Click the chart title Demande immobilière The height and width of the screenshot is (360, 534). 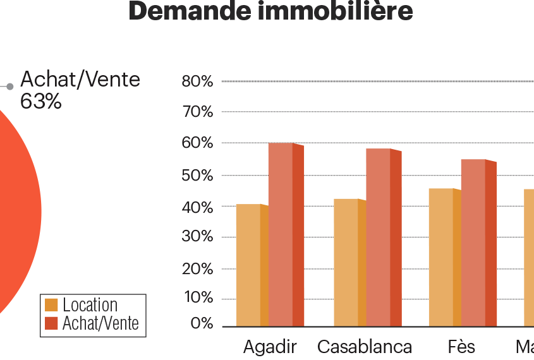tap(270, 11)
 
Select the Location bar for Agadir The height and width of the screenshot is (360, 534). tap(249, 265)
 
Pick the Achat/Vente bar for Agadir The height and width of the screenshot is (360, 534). tap(281, 234)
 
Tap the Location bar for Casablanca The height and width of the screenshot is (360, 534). tap(346, 262)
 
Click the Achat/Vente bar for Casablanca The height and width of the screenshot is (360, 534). tap(379, 237)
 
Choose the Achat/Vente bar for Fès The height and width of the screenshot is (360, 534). tap(473, 243)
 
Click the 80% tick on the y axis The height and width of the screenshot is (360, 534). tap(197, 81)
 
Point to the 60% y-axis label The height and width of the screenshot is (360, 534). tap(197, 143)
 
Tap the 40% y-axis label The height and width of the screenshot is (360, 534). tap(197, 207)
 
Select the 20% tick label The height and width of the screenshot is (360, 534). tap(197, 269)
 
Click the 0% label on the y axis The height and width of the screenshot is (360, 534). tap(202, 323)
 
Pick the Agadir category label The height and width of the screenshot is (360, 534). tap(270, 347)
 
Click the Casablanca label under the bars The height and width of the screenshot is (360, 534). tap(365, 347)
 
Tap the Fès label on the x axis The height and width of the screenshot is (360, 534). tap(461, 347)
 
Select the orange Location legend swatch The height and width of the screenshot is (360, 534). tap(52, 305)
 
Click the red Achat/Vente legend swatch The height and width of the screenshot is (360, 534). tap(52, 324)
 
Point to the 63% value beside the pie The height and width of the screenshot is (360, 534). tap(41, 102)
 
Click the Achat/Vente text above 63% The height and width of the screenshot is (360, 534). tap(80, 80)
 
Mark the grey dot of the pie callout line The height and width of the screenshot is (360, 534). tap(10, 87)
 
